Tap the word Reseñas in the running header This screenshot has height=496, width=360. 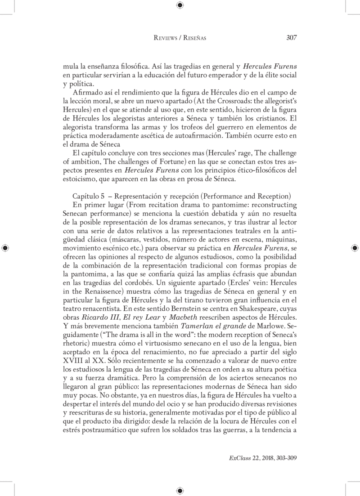pyautogui.click(x=194, y=38)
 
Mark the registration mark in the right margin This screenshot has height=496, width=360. pyautogui.click(x=355, y=247)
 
